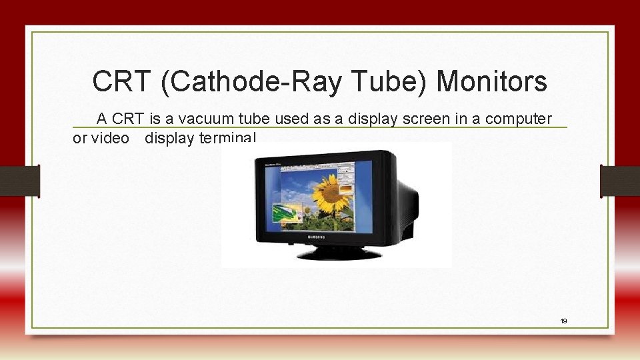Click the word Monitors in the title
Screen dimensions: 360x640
(x=491, y=82)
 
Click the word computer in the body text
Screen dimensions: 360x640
(x=519, y=119)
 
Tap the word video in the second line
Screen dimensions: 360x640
(x=110, y=139)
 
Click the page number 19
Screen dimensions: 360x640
(x=563, y=321)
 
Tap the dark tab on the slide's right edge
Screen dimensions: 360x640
(x=619, y=181)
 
